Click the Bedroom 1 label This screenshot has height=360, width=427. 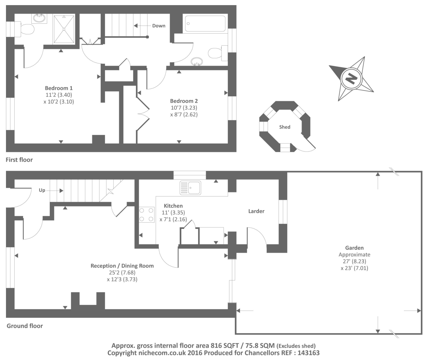tap(59, 88)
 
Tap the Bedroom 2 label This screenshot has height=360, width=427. tap(184, 101)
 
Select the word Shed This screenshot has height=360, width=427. tap(285, 127)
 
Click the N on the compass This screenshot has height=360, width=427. tap(351, 79)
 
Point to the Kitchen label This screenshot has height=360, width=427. tap(173, 206)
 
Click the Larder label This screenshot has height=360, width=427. tap(256, 211)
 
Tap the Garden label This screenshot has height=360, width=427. tap(354, 248)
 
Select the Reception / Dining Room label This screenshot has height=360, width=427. tap(122, 266)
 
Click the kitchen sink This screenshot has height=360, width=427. tap(190, 188)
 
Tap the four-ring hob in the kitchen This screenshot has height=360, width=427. tap(146, 215)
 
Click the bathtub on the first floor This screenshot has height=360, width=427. tap(205, 24)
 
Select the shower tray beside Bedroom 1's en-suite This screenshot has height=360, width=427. tap(64, 29)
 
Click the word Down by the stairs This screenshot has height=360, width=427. tap(159, 26)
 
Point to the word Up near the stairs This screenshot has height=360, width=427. tap(42, 190)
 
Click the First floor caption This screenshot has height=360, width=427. tap(19, 160)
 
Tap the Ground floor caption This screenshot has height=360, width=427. tap(25, 326)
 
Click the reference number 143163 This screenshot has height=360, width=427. tap(308, 352)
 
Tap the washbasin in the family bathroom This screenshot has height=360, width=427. tap(197, 61)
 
